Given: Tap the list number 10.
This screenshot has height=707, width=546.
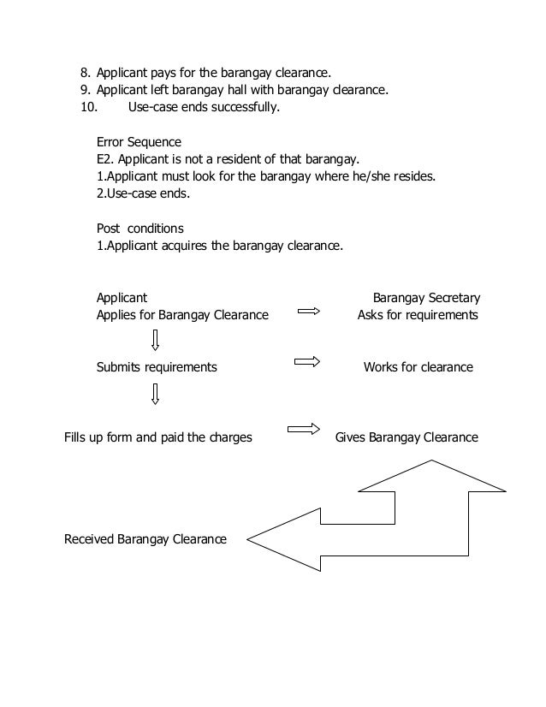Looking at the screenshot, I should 88,107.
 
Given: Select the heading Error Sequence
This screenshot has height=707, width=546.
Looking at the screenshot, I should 139,141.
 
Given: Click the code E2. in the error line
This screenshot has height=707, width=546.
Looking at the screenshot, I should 106,159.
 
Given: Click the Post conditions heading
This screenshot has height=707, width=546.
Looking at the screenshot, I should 139,229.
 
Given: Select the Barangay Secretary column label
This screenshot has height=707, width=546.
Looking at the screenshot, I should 426,298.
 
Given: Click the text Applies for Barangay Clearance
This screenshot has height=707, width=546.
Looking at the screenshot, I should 182,315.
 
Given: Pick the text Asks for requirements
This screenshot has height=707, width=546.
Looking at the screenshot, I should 418,315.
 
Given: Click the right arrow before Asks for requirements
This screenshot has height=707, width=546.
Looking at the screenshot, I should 308,312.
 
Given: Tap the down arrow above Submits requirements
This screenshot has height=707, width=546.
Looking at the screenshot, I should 155,340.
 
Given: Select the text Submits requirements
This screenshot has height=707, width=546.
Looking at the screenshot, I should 157,367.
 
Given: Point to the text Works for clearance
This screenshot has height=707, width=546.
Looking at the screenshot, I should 418,367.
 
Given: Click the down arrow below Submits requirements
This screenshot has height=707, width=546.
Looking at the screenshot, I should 155,394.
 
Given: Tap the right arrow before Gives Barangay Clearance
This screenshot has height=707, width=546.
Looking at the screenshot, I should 304,428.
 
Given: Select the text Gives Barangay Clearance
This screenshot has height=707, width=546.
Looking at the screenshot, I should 407,437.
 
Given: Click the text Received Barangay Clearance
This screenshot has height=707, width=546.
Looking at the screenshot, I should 145,539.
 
